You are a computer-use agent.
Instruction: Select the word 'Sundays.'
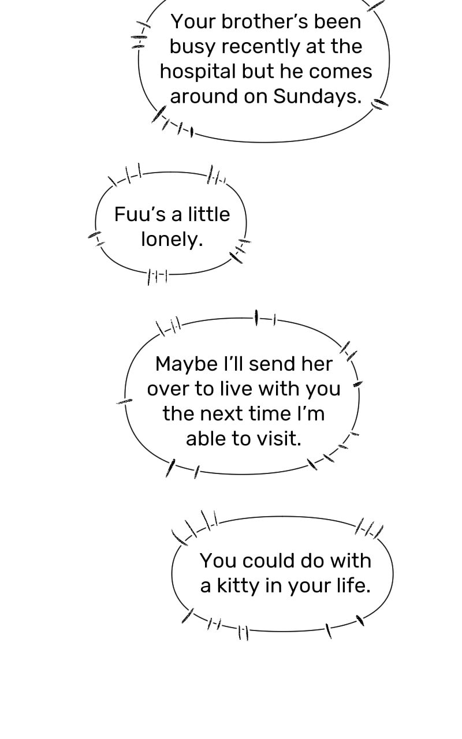pos(318,97)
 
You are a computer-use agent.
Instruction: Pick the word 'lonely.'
pos(172,240)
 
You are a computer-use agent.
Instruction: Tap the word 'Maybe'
pos(187,365)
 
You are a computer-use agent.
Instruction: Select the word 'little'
pos(209,214)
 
